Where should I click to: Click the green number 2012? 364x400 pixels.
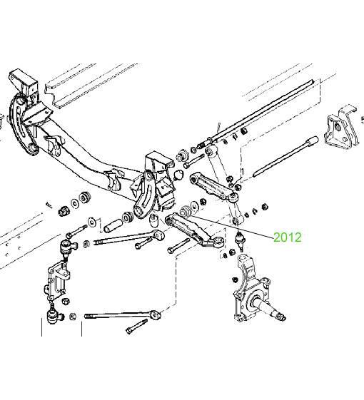click(x=288, y=237)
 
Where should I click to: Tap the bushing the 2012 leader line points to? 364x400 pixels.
click(x=185, y=212)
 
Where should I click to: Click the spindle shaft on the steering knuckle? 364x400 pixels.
click(x=268, y=307)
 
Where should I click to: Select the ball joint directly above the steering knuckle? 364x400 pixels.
click(x=240, y=240)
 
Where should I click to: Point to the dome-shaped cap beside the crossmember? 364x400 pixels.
click(x=178, y=175)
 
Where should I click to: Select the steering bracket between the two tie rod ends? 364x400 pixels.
click(x=58, y=280)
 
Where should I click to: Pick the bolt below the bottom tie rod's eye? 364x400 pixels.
click(x=136, y=327)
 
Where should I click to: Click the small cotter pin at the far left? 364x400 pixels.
click(x=49, y=205)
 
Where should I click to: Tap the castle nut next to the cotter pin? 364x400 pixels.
click(x=64, y=211)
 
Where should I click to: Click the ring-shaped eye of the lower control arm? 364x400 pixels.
click(x=218, y=242)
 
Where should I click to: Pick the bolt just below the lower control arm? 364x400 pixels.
click(x=179, y=245)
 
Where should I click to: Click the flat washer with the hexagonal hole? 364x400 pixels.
click(x=91, y=222)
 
